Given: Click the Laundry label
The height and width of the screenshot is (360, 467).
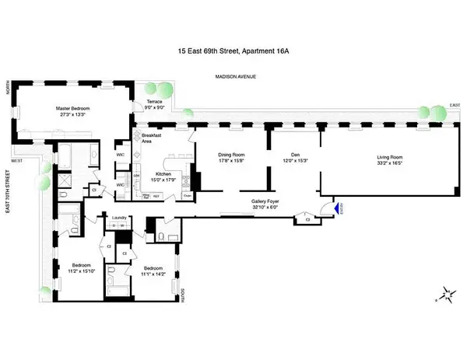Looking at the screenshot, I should (x=119, y=218).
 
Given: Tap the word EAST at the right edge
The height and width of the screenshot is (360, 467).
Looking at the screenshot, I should (x=454, y=105).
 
